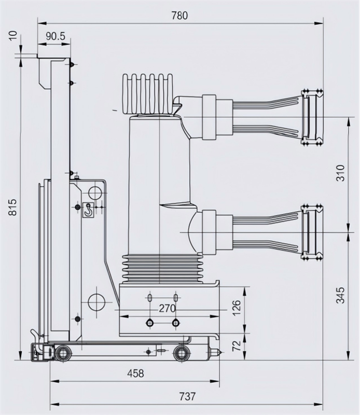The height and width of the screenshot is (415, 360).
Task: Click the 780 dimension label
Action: pyautogui.click(x=180, y=15)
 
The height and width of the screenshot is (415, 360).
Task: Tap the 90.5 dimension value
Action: pyautogui.click(x=55, y=37)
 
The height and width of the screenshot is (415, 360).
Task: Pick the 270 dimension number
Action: pyautogui.click(x=167, y=309)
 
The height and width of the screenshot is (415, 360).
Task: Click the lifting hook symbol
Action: pyautogui.click(x=89, y=210)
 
